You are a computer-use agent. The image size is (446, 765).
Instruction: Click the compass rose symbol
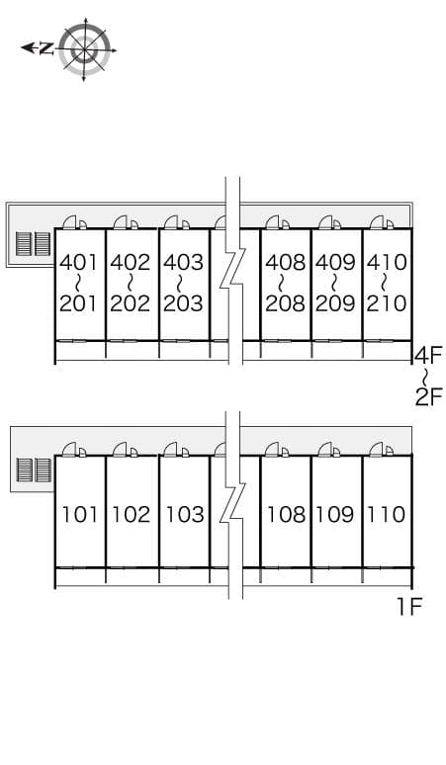84,49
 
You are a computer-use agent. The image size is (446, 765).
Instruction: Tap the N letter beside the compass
46,47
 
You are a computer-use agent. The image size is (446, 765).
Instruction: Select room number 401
79,263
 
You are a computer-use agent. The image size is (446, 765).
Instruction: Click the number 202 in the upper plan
131,303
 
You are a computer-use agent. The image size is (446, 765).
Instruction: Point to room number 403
183,263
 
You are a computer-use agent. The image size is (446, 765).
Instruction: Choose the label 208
286,303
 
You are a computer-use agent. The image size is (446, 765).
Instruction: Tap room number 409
335,263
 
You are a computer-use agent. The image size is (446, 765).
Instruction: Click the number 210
387,303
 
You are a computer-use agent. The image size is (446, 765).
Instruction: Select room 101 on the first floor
80,515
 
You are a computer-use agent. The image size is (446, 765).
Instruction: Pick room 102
132,515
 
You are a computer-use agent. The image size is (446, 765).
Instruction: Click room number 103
185,515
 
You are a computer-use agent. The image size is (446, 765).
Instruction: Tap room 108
287,515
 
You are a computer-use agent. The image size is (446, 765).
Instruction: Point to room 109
335,515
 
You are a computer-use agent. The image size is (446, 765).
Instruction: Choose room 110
386,515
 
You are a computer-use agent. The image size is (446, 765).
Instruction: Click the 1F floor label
408,607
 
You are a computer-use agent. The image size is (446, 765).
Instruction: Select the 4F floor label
428,355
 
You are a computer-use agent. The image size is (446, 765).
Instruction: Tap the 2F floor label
428,397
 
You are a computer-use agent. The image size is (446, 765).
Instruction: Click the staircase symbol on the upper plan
34,244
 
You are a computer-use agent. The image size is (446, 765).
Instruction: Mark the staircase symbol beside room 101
34,469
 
